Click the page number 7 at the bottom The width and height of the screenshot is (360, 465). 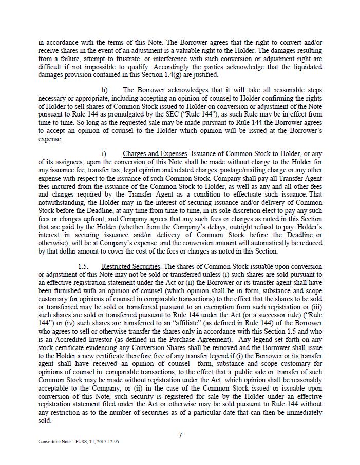pyautogui.click(x=180, y=435)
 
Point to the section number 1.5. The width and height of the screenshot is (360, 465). pyautogui.click(x=83, y=266)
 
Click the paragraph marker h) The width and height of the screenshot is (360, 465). pyautogui.click(x=104, y=90)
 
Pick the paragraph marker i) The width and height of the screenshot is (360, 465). pyautogui.click(x=104, y=153)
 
